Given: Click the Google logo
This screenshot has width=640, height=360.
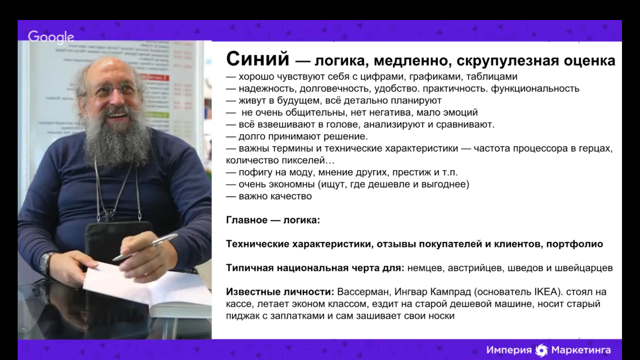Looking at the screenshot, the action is (x=51, y=37).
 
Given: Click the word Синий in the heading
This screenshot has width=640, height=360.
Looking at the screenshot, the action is (x=258, y=59).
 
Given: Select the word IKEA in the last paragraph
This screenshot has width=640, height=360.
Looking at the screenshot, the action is (x=546, y=292).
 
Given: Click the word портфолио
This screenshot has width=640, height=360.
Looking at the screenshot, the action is (x=575, y=244).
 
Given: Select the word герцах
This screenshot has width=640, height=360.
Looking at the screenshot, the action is (x=596, y=149).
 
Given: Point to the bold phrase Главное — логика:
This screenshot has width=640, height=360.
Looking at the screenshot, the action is (x=273, y=220).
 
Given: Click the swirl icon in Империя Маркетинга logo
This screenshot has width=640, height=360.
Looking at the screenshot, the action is (x=541, y=350).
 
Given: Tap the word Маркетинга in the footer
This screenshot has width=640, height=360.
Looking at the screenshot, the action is (x=581, y=350).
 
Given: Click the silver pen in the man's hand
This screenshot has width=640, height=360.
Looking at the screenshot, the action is (x=145, y=247).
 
